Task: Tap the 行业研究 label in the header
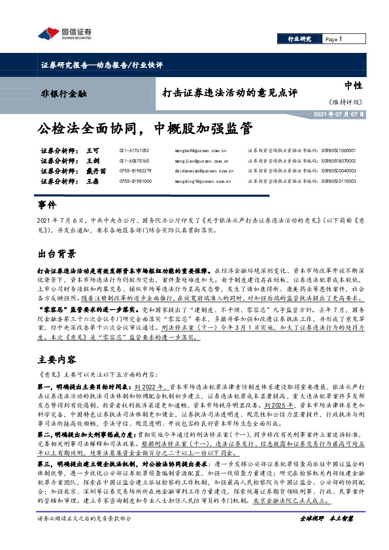click(300, 40)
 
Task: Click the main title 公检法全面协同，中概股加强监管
click(134, 127)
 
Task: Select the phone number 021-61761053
click(134, 150)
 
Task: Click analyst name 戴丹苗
click(94, 170)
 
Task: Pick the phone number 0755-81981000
click(134, 181)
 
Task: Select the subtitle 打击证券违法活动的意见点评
click(214, 93)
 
